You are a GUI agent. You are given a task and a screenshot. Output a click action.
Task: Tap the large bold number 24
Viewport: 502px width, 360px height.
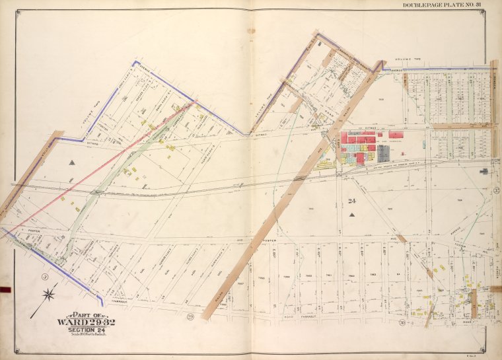(351, 201)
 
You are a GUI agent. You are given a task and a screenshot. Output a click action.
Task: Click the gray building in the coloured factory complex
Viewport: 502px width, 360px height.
(382, 153)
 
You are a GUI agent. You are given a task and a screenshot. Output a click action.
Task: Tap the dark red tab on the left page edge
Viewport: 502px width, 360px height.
(6, 289)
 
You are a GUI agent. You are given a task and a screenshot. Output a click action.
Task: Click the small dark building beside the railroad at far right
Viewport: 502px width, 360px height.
(484, 171)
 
